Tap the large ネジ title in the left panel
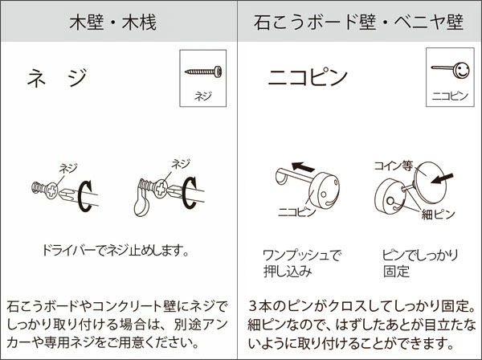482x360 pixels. point(56,78)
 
